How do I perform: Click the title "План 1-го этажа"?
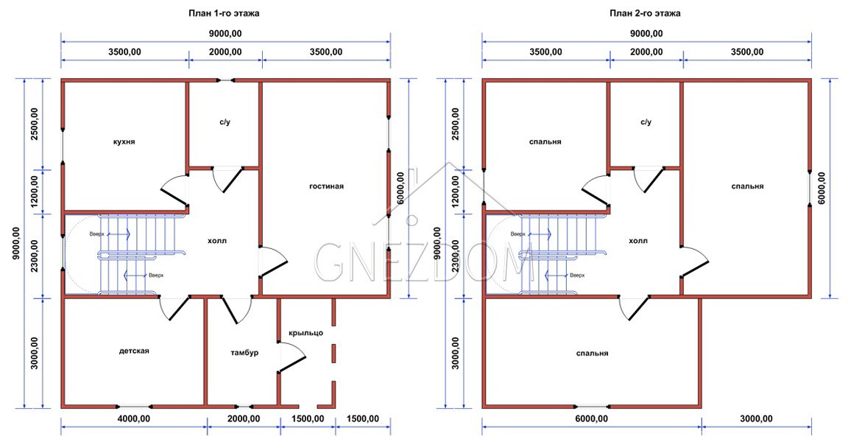tap(223, 13)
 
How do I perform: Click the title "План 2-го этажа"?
tap(645, 13)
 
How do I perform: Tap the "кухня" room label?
tap(124, 141)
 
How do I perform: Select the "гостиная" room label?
tap(326, 186)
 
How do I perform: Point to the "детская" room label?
tap(134, 351)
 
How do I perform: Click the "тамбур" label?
tap(244, 353)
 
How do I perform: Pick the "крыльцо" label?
tap(306, 333)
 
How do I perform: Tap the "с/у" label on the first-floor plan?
tap(225, 122)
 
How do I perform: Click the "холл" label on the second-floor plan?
tap(638, 241)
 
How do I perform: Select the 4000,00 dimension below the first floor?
tap(134, 418)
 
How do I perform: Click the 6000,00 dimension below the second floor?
tap(592, 418)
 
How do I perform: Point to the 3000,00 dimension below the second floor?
tap(756, 418)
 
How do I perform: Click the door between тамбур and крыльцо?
tap(292, 357)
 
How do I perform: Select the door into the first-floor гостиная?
tap(274, 262)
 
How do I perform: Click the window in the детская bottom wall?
tap(134, 406)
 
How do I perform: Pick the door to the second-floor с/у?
tap(649, 180)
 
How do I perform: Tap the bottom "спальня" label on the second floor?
tap(592, 354)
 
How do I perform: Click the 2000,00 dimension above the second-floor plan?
tap(646, 52)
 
